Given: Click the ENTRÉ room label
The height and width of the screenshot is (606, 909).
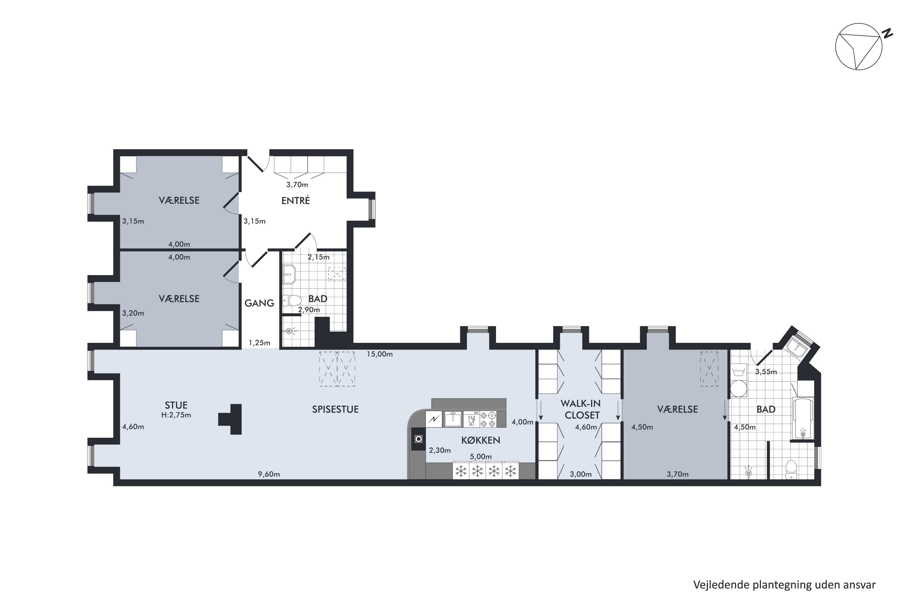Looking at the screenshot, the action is tap(296, 200).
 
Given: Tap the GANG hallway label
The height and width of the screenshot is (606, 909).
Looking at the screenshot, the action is tap(259, 303).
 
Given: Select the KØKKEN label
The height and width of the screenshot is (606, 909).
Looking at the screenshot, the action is tap(481, 440).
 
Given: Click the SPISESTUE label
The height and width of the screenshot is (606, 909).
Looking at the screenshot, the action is tap(335, 409).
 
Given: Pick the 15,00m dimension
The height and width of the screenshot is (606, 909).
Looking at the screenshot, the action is tap(380, 354).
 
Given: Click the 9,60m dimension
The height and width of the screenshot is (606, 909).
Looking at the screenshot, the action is tap(269, 474).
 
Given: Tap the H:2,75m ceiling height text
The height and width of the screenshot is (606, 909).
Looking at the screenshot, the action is tap(176, 415).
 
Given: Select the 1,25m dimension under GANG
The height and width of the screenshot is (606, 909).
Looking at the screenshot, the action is tap(259, 343).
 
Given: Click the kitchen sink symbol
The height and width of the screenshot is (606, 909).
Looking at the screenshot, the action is tap(453, 419).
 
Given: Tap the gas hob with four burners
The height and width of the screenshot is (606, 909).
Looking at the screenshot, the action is tap(488, 419).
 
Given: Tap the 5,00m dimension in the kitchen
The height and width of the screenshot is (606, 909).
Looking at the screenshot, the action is tap(481, 456).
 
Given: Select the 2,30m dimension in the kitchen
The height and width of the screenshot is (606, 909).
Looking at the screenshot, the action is tap(440, 450).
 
